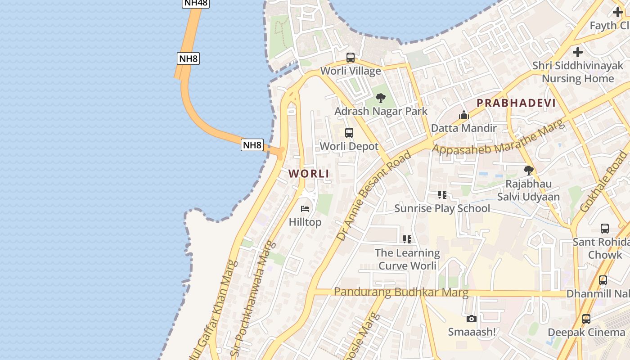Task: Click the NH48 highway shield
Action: pos(196,3)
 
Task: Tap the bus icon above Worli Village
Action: pos(350,58)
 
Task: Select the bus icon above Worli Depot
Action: pos(349,133)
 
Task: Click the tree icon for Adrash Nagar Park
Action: pos(381,98)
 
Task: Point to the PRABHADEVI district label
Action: pos(516,103)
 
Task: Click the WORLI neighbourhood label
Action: pos(309,174)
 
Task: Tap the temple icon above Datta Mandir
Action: pos(464,115)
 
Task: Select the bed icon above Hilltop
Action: pos(305,209)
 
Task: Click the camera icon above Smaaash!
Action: pos(471,319)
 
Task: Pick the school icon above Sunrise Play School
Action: pos(442,195)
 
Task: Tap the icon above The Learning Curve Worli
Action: pos(407,239)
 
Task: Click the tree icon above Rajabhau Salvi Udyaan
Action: pos(529,171)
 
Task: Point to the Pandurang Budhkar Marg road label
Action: pos(401,292)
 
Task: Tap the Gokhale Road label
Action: pos(603,182)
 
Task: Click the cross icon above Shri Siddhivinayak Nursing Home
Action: pos(578,52)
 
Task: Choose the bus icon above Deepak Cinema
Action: pos(586,319)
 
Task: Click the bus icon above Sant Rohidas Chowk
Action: pos(605,229)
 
